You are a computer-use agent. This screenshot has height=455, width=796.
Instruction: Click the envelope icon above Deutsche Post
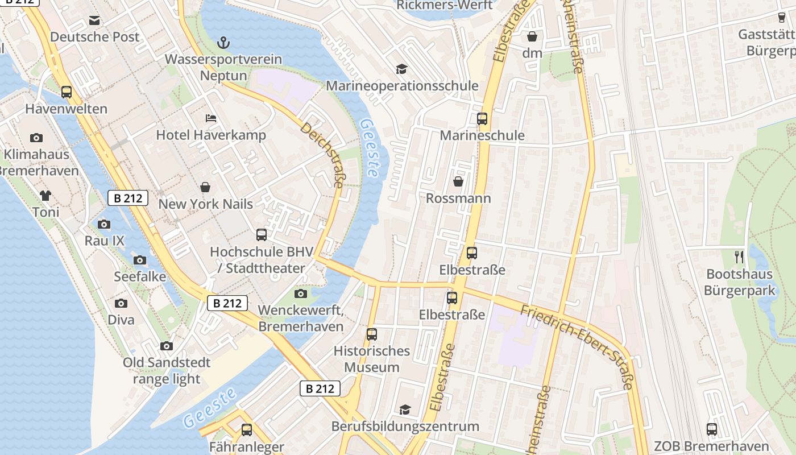[x=94, y=21]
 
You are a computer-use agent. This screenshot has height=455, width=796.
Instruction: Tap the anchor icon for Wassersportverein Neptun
[x=223, y=43]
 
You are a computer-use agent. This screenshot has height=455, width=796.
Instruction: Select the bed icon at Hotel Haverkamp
[x=211, y=118]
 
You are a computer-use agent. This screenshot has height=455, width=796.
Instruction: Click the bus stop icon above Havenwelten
[x=67, y=92]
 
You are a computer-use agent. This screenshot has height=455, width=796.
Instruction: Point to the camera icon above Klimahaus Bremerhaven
[x=36, y=138]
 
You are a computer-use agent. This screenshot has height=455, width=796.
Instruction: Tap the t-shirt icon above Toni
[x=45, y=196]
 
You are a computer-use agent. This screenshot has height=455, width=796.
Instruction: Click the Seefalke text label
[x=140, y=277]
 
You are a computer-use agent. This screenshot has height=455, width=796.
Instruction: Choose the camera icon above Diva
[x=121, y=303]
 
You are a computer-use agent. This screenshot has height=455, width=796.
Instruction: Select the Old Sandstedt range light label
[x=167, y=371]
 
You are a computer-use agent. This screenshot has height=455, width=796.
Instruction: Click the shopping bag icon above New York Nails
[x=205, y=187]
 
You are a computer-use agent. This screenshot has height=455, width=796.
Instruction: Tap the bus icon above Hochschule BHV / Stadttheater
[x=262, y=235]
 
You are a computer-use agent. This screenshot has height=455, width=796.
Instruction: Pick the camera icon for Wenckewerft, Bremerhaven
[x=301, y=294]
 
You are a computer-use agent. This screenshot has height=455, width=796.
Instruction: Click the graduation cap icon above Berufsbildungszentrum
[x=405, y=409]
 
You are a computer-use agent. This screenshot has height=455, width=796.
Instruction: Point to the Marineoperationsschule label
[x=402, y=86]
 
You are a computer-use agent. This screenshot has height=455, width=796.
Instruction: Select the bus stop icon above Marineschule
[x=482, y=119]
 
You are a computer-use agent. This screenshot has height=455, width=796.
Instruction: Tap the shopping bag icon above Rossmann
[x=458, y=181]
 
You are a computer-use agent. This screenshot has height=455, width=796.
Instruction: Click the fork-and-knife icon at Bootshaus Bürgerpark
[x=739, y=257]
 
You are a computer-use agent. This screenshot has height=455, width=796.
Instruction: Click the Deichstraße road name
[x=322, y=155]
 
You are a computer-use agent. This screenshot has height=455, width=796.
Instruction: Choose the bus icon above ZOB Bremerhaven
[x=712, y=429]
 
